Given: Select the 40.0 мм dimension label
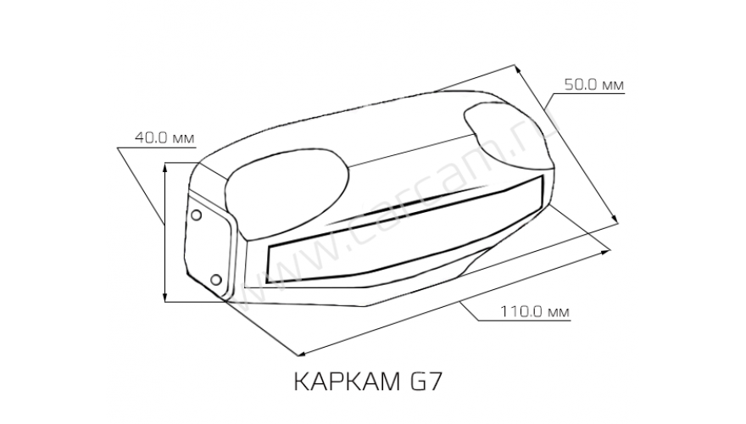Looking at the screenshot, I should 164,137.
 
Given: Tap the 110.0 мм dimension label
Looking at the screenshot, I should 533,312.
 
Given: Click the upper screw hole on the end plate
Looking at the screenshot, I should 197,216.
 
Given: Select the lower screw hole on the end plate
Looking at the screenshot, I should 215,279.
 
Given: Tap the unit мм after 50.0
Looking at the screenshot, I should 614,85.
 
